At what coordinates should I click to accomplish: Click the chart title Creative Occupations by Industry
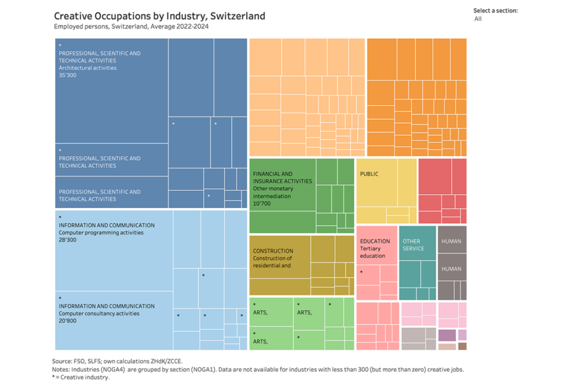(159, 16)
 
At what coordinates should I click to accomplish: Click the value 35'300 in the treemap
(68, 75)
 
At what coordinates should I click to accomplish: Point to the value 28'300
(68, 240)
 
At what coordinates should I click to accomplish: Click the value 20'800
(68, 320)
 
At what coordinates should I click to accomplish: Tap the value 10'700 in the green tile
(262, 203)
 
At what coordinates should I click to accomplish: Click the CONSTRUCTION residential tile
(280, 263)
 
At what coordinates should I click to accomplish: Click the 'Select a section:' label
(495, 10)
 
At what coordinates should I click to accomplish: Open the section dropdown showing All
(494, 19)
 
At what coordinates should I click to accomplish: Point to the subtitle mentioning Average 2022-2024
(131, 26)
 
